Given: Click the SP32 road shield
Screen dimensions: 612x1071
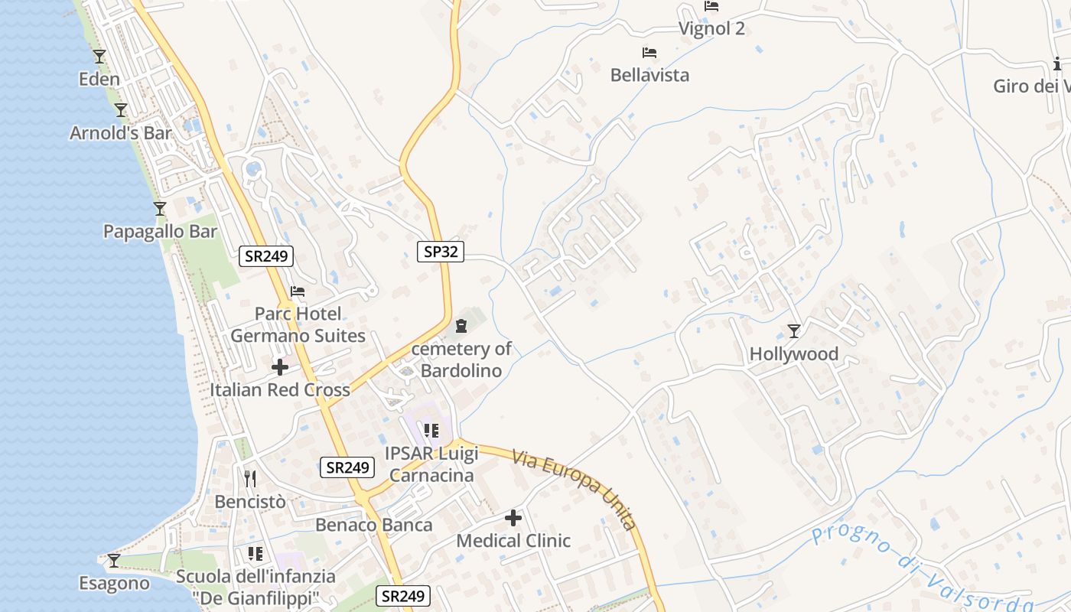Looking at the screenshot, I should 441,251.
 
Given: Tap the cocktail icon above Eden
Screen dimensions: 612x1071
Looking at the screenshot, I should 99,57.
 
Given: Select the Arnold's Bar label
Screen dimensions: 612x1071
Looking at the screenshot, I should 120,133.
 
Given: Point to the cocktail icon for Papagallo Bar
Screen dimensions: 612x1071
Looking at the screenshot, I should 160,209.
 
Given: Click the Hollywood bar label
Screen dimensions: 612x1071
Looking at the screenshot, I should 793,354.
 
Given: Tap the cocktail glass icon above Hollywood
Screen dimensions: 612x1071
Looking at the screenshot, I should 794,331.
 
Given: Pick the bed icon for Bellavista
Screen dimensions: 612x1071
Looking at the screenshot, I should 649,53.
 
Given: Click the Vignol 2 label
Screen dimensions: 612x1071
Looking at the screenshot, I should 711,29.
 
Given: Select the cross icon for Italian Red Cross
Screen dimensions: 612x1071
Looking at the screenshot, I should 280,367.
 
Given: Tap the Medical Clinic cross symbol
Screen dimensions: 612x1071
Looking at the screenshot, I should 513,518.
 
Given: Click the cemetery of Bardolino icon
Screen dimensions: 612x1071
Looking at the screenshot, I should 461,327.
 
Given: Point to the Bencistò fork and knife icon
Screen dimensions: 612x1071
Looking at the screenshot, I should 250,479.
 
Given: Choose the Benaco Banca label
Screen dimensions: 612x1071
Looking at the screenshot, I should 374,526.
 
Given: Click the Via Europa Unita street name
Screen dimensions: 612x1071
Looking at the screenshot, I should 575,489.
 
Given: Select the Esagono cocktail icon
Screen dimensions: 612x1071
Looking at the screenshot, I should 114,561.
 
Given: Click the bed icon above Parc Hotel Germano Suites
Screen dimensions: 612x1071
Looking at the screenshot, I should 298,291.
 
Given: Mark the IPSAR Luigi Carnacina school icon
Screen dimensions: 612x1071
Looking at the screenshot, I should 431,431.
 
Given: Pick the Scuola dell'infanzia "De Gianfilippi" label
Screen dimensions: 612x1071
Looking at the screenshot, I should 256,586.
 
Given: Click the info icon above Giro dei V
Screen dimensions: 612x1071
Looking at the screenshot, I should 1058,64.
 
